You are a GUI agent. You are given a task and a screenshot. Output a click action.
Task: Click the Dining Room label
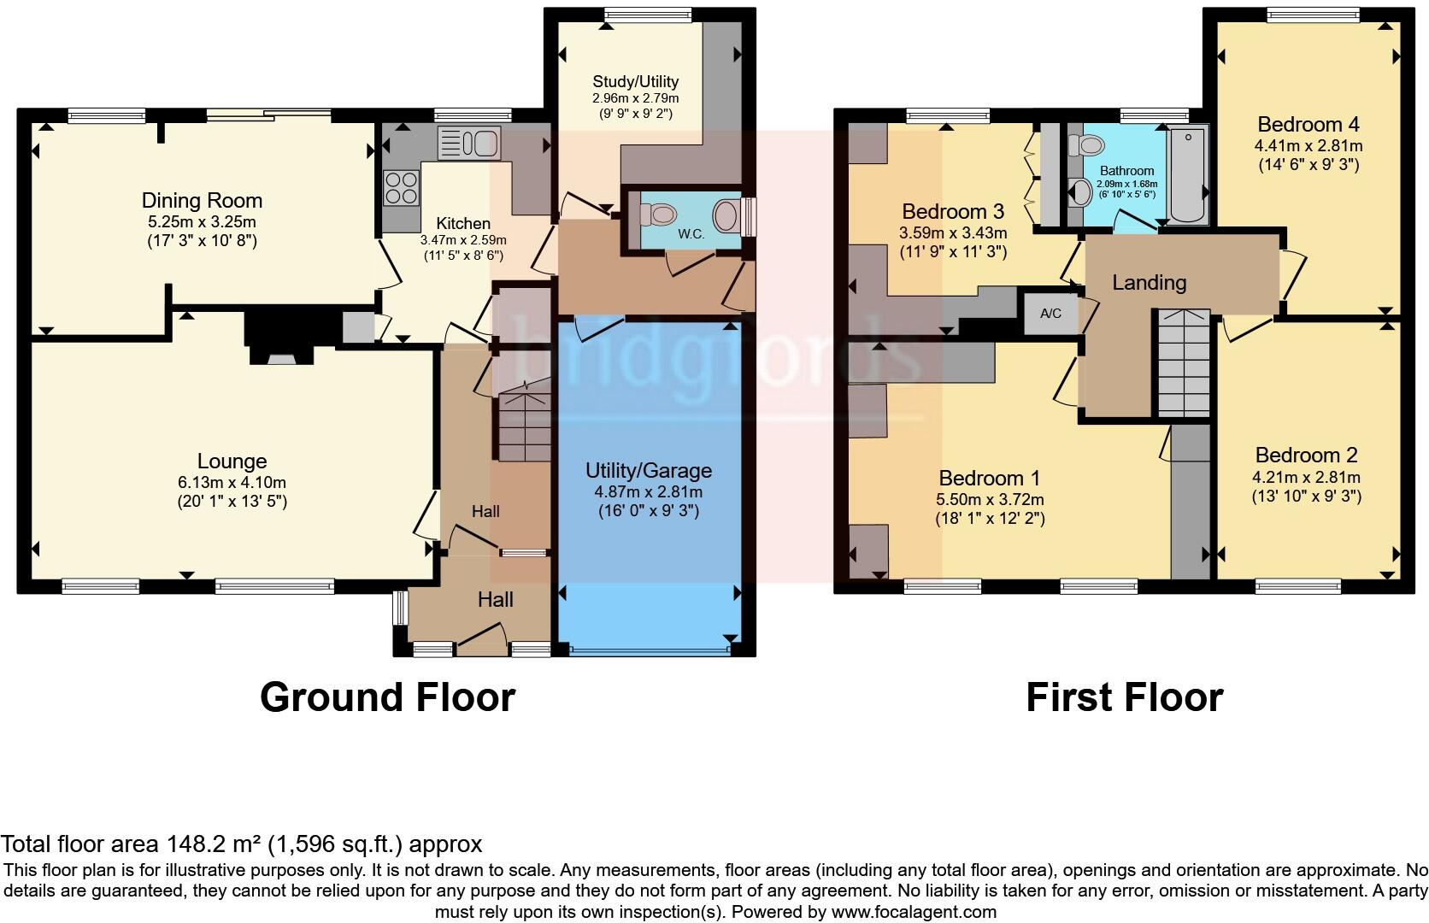click(x=202, y=201)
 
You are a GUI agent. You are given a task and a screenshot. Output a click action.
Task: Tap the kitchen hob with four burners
click(x=402, y=188)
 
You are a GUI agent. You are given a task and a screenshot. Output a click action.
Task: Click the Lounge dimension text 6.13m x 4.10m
click(x=232, y=482)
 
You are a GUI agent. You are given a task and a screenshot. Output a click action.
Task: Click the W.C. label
click(x=691, y=233)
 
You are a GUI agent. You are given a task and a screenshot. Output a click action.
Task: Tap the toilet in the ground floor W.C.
click(x=662, y=212)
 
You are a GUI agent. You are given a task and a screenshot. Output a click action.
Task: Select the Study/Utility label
click(x=635, y=81)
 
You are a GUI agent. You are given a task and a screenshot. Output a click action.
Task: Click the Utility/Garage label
click(x=648, y=471)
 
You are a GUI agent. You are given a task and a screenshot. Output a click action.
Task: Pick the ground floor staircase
click(x=524, y=424)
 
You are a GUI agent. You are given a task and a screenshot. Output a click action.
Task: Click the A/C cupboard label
click(x=1050, y=314)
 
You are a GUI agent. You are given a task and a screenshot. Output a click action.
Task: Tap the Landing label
click(x=1149, y=282)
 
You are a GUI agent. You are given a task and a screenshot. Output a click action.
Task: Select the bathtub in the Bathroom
click(x=1188, y=175)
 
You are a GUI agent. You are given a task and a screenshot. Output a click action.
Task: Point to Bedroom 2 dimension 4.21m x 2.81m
click(x=1306, y=477)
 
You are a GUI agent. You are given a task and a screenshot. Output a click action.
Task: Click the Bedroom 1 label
click(x=989, y=478)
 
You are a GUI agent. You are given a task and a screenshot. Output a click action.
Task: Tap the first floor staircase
click(x=1184, y=363)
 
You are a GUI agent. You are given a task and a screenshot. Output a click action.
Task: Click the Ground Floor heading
click(x=387, y=697)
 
